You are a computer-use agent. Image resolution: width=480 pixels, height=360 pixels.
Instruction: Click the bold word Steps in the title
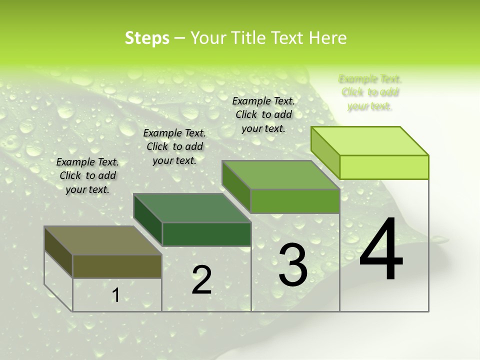click(x=147, y=38)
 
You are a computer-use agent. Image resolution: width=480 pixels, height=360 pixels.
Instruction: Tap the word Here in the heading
click(x=328, y=38)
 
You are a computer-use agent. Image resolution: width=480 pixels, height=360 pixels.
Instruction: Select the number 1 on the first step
click(x=115, y=295)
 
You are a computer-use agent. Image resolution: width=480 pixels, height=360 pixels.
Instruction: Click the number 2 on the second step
click(x=201, y=280)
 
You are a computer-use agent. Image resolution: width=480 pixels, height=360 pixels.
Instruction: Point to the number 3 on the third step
click(x=292, y=265)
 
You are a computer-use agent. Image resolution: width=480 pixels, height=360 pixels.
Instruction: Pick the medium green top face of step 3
click(x=280, y=175)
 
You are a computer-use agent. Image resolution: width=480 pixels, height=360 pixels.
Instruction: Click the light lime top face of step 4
click(x=369, y=141)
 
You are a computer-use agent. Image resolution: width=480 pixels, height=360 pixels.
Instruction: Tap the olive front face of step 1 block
click(x=117, y=266)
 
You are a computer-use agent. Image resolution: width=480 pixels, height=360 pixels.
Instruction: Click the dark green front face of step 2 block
click(x=206, y=234)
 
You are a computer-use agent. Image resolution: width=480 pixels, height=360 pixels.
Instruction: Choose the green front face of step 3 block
click(x=295, y=201)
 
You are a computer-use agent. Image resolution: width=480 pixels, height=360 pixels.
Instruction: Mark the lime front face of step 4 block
click(x=384, y=167)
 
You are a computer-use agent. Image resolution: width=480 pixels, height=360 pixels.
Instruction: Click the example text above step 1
click(x=87, y=175)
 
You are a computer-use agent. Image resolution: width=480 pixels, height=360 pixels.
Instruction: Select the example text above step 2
click(x=174, y=146)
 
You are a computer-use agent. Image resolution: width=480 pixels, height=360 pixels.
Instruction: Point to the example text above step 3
click(x=263, y=114)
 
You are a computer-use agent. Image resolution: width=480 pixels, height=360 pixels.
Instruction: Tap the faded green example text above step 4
click(x=370, y=92)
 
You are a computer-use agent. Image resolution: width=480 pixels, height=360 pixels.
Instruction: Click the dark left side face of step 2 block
click(x=148, y=219)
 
